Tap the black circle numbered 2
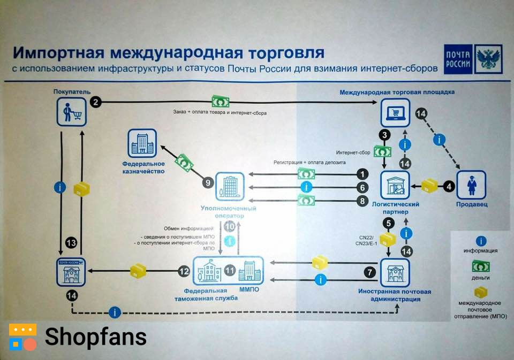[x=96, y=102]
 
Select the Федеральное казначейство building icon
[x=142, y=143]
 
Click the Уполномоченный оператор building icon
[x=229, y=187]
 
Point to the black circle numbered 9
[x=208, y=182]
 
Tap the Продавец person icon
[x=471, y=185]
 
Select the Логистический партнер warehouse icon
[x=395, y=186]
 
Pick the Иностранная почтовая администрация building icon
[x=395, y=273]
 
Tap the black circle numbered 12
[x=184, y=271]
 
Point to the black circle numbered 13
[x=71, y=243]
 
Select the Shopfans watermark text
[x=95, y=336]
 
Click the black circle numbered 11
[x=230, y=271]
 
